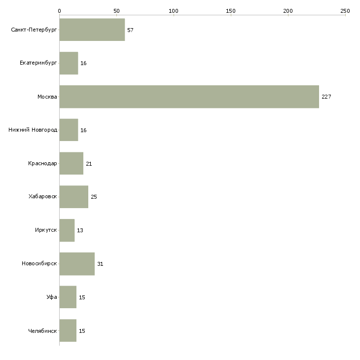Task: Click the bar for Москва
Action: point(189,97)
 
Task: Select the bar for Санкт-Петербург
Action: point(92,30)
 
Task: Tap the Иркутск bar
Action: point(67,230)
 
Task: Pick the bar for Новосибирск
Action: point(77,264)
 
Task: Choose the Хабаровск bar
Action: point(74,197)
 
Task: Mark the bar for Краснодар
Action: point(72,163)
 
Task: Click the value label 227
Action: point(326,97)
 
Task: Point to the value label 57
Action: point(130,30)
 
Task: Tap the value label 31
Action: point(100,264)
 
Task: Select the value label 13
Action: point(80,230)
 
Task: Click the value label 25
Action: point(94,197)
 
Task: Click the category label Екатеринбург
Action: point(38,63)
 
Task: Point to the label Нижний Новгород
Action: point(33,130)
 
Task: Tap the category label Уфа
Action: point(52,297)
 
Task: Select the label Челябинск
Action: point(42,331)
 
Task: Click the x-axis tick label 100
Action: point(173,11)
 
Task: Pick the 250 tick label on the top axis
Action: point(345,11)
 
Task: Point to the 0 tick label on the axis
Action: point(59,11)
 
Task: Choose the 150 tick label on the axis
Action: point(230,11)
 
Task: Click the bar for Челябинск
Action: point(68,330)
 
